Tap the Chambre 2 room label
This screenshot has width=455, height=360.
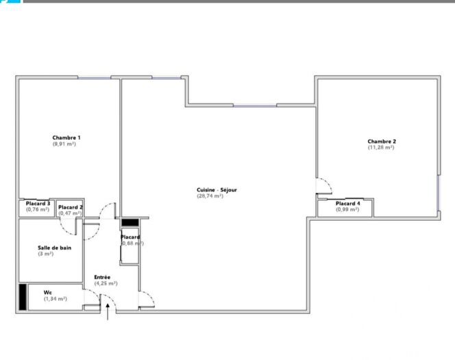pos(381,141)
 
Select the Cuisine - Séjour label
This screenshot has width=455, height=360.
pos(217,190)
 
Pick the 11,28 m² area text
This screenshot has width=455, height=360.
pos(381,147)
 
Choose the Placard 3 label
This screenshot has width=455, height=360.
pos(38,204)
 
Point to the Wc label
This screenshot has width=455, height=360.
pos(47,292)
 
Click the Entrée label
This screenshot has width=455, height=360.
pos(102,277)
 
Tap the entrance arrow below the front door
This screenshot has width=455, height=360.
pos(108,311)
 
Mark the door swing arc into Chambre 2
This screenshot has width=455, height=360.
pos(325,185)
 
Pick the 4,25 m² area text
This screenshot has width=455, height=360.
pos(106,283)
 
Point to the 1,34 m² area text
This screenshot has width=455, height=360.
pos(56,298)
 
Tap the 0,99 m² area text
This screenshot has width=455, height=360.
pos(347,210)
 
